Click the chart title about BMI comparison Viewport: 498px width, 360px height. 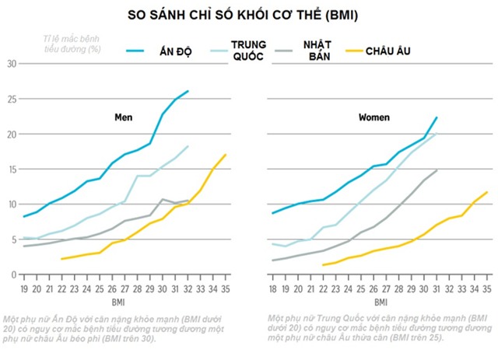[249, 15]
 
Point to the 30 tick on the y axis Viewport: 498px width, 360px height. [12, 64]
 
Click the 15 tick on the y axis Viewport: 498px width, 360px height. [12, 170]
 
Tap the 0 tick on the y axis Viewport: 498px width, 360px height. [14, 274]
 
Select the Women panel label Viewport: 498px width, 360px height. [374, 117]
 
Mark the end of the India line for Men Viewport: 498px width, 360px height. [188, 91]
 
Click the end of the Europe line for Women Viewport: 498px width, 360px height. [488, 192]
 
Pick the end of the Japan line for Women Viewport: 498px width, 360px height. [437, 170]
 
